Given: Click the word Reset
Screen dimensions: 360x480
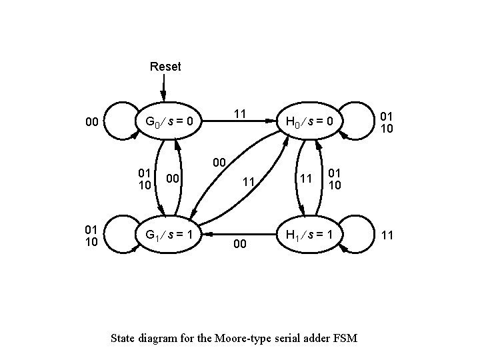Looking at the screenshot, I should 165,66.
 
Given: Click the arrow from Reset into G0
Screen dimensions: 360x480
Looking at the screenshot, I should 163,87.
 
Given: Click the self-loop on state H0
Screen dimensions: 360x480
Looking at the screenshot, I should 363,121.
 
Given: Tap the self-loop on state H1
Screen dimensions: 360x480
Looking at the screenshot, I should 363,235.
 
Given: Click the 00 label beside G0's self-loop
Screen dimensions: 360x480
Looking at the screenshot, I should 92,122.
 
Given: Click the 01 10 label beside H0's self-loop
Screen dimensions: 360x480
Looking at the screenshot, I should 387,122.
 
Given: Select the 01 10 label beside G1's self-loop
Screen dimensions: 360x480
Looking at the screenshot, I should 91,235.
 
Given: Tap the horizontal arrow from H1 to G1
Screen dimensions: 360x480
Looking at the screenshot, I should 240,235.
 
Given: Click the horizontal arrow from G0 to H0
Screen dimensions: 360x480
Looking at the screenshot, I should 240,122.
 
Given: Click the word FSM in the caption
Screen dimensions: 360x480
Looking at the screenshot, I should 345,338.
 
